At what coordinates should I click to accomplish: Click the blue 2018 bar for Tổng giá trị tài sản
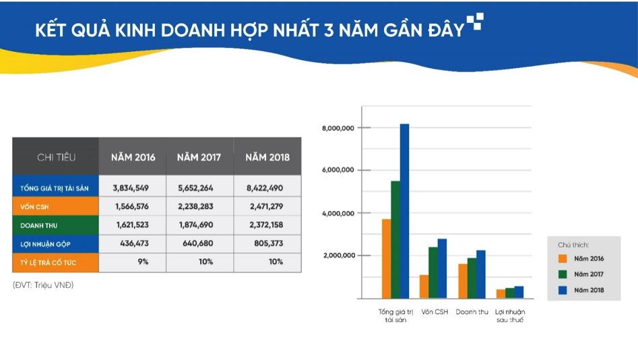click(x=404, y=210)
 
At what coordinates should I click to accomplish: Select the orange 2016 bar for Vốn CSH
click(x=424, y=287)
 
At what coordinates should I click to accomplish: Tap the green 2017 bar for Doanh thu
click(x=472, y=278)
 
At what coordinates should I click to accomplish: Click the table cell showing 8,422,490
click(x=267, y=188)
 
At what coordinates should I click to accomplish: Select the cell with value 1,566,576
click(x=132, y=206)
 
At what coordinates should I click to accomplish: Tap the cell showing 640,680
click(x=199, y=243)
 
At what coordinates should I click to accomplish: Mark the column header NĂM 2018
click(x=267, y=157)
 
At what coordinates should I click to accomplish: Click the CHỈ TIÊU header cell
click(x=56, y=157)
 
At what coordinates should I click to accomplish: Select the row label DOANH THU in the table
click(x=39, y=225)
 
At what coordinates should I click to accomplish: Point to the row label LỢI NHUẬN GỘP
click(x=45, y=243)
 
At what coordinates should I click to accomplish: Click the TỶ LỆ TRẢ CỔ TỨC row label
click(x=48, y=262)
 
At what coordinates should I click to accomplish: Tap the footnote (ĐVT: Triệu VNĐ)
click(x=43, y=285)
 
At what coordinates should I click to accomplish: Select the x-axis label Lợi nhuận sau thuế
click(x=509, y=316)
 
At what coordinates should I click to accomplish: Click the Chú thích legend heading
click(x=573, y=244)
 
